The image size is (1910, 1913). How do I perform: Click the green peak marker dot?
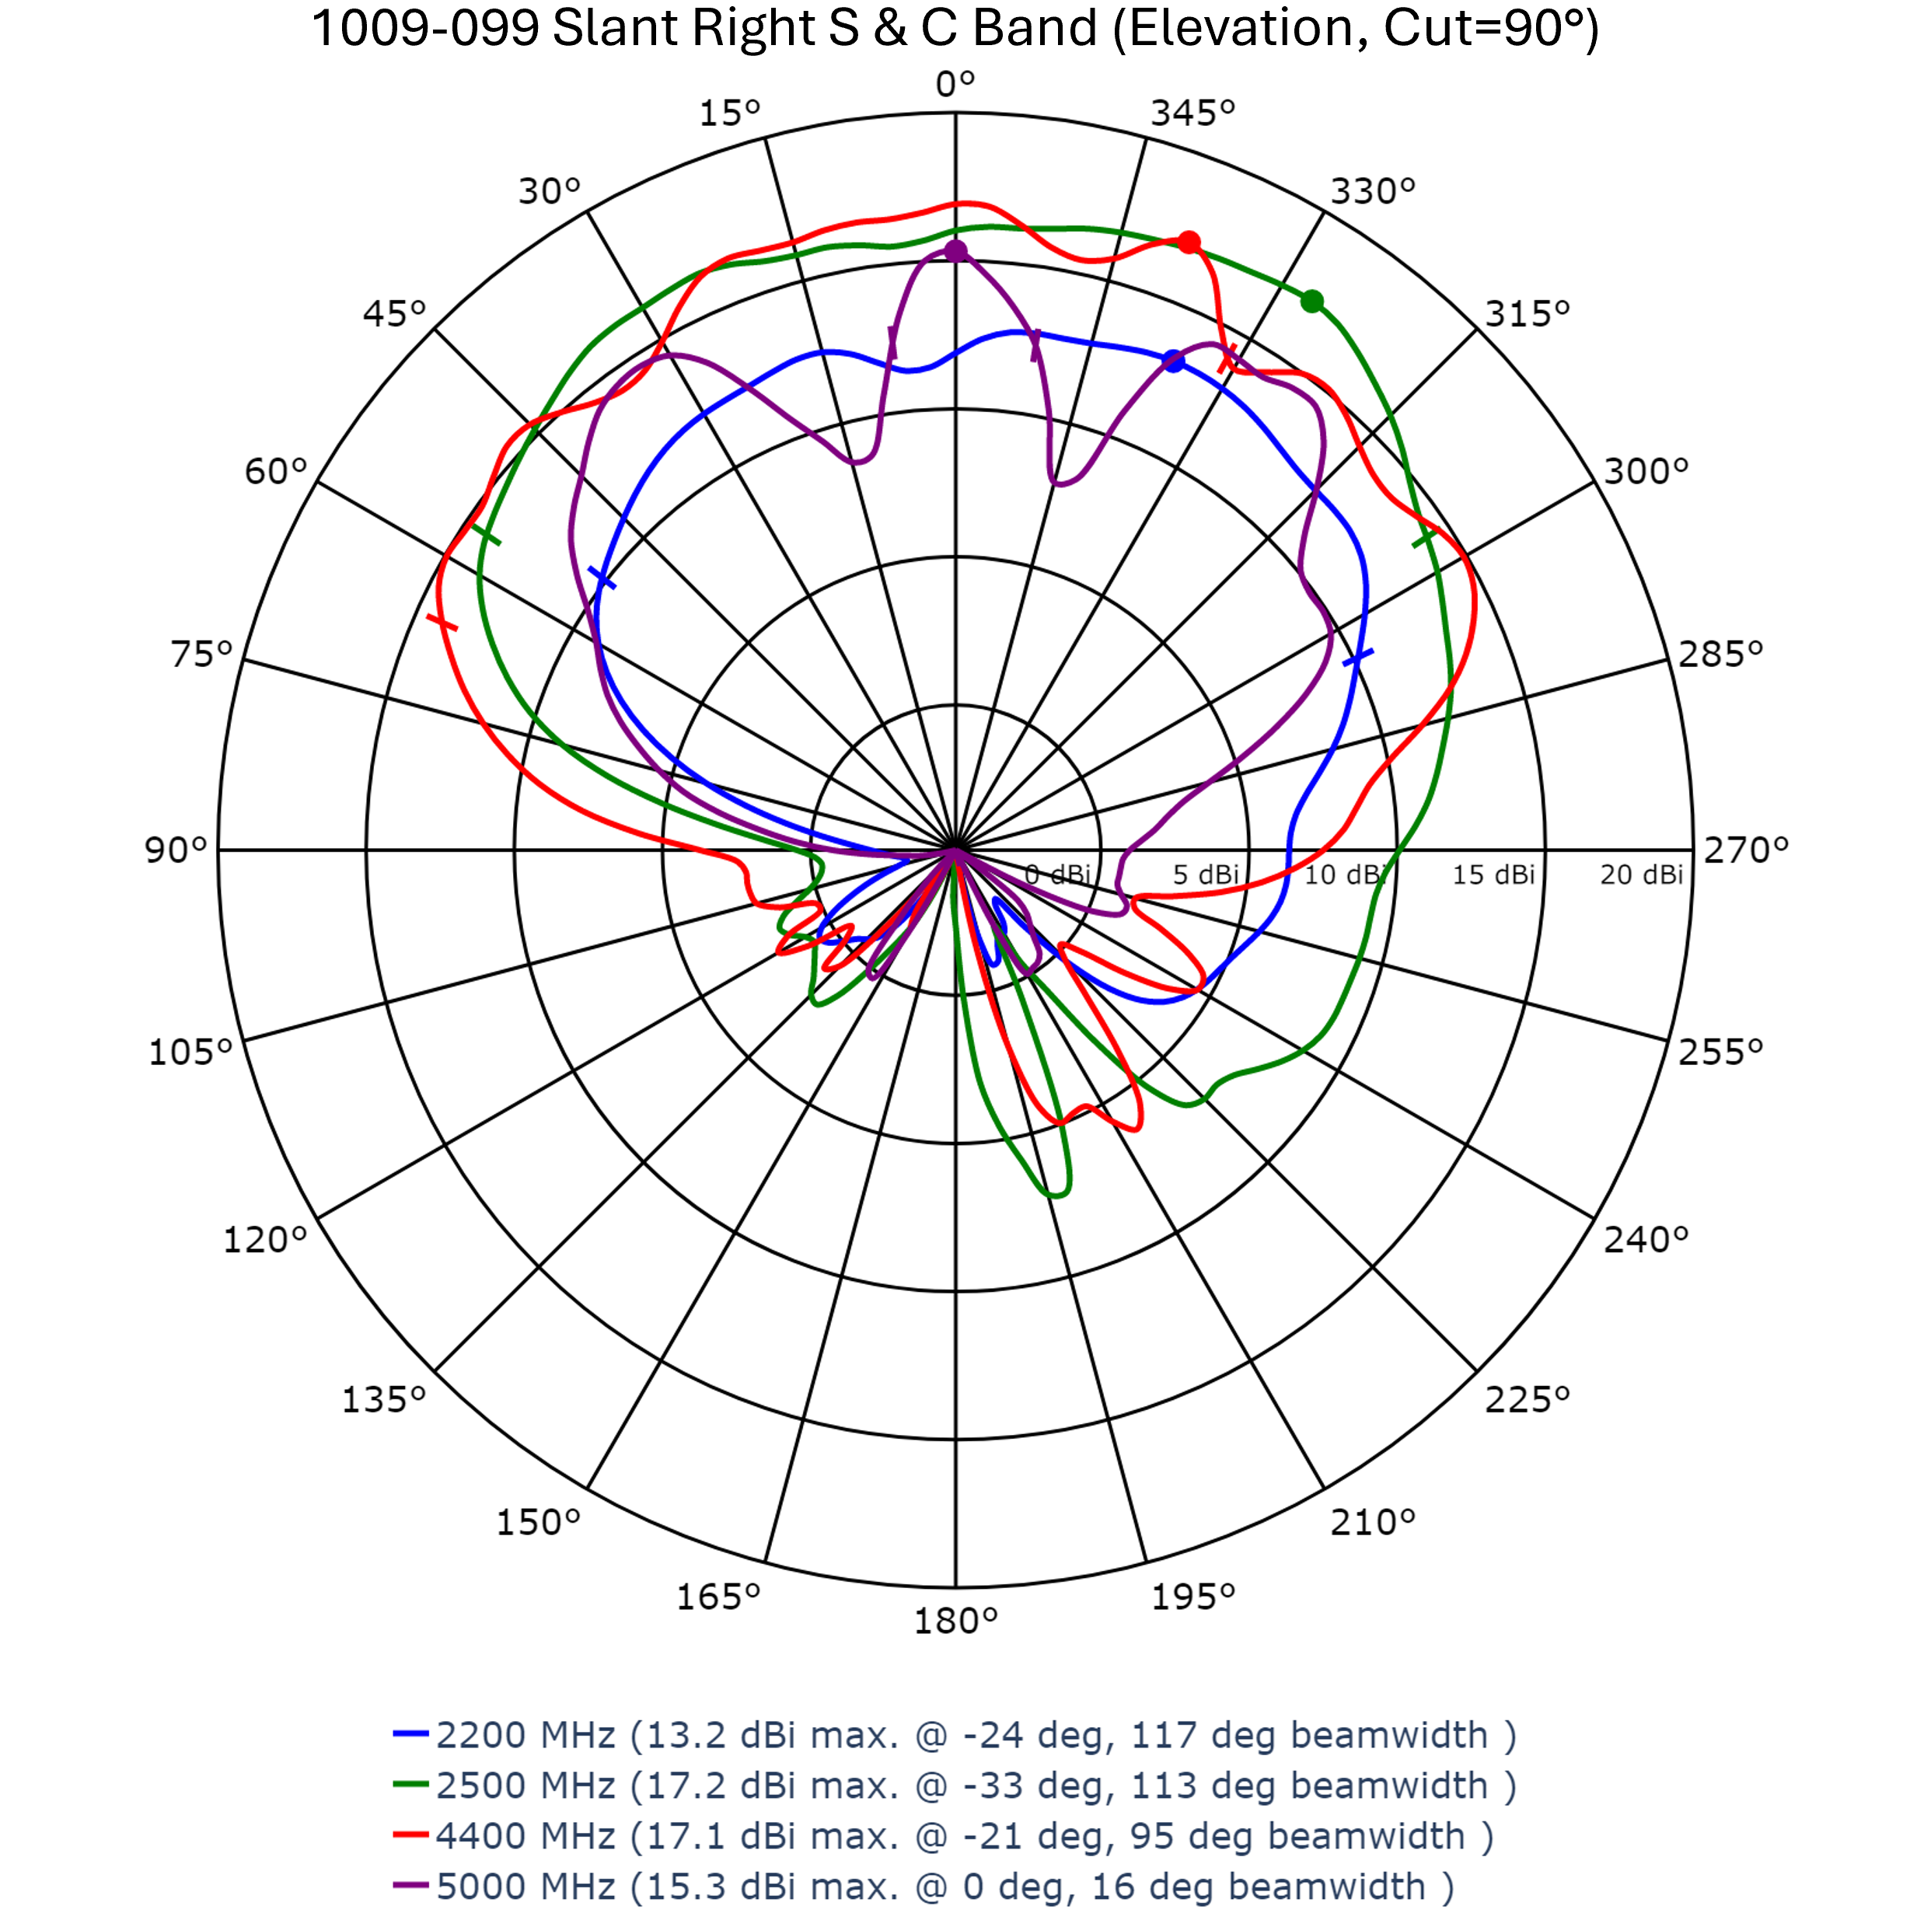pyautogui.click(x=1312, y=301)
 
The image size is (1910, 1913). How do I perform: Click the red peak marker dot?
pyautogui.click(x=1189, y=243)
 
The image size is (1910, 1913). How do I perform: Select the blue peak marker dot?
pyautogui.click(x=1173, y=361)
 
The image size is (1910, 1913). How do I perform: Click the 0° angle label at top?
pyautogui.click(x=955, y=84)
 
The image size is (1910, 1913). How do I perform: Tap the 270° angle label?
pyautogui.click(x=1746, y=850)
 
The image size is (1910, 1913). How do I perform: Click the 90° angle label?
pyautogui.click(x=176, y=850)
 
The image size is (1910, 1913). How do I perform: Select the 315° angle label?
pyautogui.click(x=1527, y=314)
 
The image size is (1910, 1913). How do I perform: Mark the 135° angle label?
pyautogui.click(x=383, y=1399)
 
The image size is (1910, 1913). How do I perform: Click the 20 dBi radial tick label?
pyautogui.click(x=1641, y=874)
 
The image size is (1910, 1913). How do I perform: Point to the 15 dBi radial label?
pyautogui.click(x=1493, y=874)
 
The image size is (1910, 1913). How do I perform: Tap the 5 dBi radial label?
pyautogui.click(x=1205, y=874)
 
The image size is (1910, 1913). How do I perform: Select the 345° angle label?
pyautogui.click(x=1192, y=113)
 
